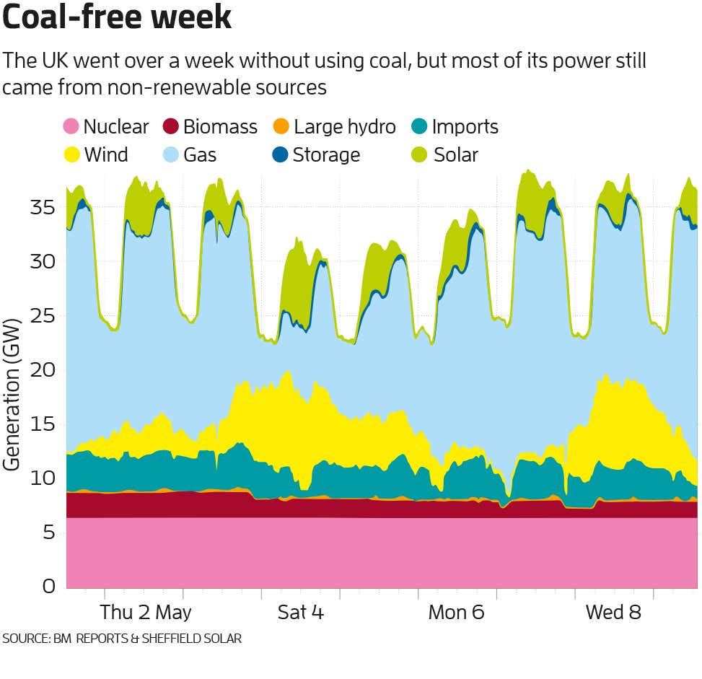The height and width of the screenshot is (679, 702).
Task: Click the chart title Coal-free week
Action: coord(117,18)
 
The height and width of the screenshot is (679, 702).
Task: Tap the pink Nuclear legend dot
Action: coord(70,127)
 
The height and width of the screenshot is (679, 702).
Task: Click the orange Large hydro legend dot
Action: coord(281,127)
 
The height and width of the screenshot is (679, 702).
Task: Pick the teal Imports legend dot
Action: coord(419,127)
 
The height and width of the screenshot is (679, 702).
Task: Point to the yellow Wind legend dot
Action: coord(70,154)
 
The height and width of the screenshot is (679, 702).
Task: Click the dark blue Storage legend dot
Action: coord(281,154)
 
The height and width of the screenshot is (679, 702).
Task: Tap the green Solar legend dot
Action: coord(419,154)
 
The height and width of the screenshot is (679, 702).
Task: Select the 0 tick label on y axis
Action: coord(48,586)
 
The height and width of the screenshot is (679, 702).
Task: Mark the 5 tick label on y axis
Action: coord(48,533)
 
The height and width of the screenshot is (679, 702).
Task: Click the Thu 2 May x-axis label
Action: coord(146,613)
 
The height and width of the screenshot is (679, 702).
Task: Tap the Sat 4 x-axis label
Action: coord(301,613)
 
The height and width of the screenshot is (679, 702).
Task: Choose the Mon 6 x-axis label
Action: coord(456,613)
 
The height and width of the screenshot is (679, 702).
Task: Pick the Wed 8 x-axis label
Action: coord(613,613)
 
